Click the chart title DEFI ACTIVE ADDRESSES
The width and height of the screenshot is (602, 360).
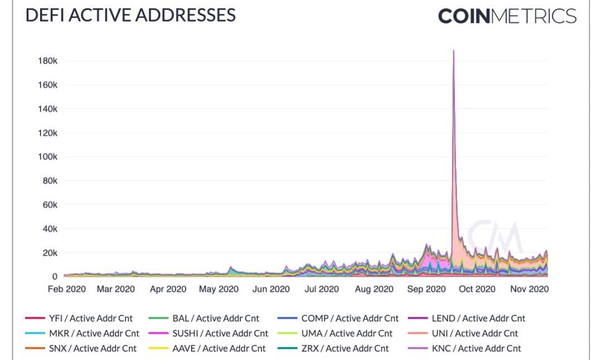pyautogui.click(x=130, y=15)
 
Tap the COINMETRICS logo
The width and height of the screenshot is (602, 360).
pyautogui.click(x=507, y=16)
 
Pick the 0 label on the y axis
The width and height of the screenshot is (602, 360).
pyautogui.click(x=55, y=276)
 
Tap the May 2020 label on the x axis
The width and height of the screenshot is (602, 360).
pyautogui.click(x=219, y=289)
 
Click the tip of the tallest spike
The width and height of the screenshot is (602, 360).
pyautogui.click(x=453, y=51)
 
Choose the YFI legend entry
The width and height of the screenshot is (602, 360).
pyautogui.click(x=79, y=319)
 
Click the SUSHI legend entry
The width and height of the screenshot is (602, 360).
pyautogui.click(x=208, y=333)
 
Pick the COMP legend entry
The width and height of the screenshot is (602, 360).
pyautogui.click(x=338, y=319)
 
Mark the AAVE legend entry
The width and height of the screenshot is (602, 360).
pyautogui.click(x=207, y=348)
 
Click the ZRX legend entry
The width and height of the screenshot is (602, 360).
pyautogui.click(x=333, y=348)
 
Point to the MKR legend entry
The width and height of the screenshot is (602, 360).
pyautogui.click(x=82, y=333)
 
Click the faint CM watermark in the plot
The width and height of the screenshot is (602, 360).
pyautogui.click(x=494, y=237)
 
